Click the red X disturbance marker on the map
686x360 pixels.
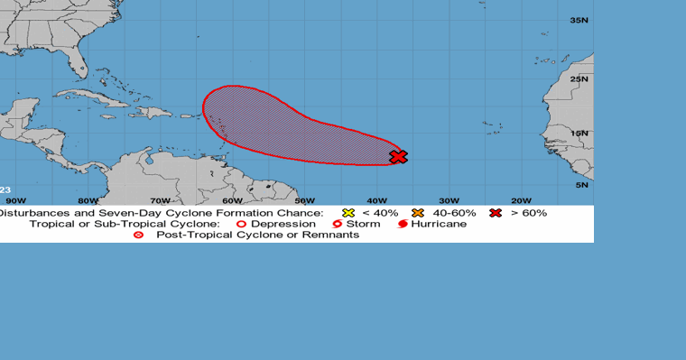coord(398,157)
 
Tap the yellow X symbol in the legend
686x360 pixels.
coord(348,213)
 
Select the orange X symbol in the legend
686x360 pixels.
coord(417,213)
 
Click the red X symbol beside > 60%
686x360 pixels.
coord(496,213)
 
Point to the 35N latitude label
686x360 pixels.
coord(579,20)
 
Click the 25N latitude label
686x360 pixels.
coord(579,78)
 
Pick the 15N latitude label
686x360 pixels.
coord(579,134)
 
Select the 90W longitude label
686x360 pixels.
coord(15,200)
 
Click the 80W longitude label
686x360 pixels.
coord(88,200)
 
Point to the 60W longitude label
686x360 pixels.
coord(232,200)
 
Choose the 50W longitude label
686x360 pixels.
coord(304,200)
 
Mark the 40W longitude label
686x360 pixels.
coord(376,200)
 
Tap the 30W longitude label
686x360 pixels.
coord(449,200)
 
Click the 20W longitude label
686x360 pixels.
coord(521,200)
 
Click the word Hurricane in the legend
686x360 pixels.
coord(439,224)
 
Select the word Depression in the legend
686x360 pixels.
coord(283,224)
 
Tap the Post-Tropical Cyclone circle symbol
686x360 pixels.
coord(138,235)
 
